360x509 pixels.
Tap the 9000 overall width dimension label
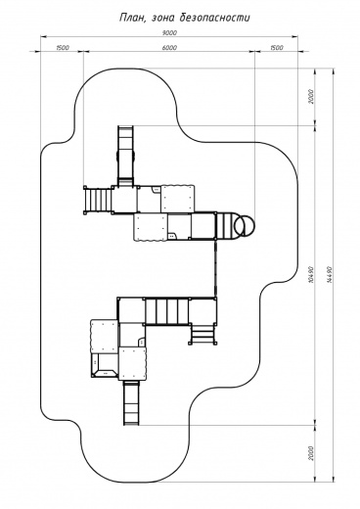click(x=169, y=32)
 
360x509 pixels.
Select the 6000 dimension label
click(x=169, y=48)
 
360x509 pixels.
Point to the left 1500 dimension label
click(x=63, y=48)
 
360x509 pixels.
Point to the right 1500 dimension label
click(x=276, y=48)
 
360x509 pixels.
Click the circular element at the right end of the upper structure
click(x=246, y=226)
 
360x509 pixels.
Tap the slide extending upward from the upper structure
click(x=126, y=156)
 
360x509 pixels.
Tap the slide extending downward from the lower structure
click(x=132, y=402)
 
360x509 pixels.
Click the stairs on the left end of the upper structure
click(x=98, y=200)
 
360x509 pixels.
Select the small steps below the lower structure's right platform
click(x=202, y=333)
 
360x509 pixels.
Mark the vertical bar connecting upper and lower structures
click(x=215, y=268)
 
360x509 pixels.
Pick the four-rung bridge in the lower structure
click(x=166, y=311)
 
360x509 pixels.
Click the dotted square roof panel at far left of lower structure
click(x=104, y=336)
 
